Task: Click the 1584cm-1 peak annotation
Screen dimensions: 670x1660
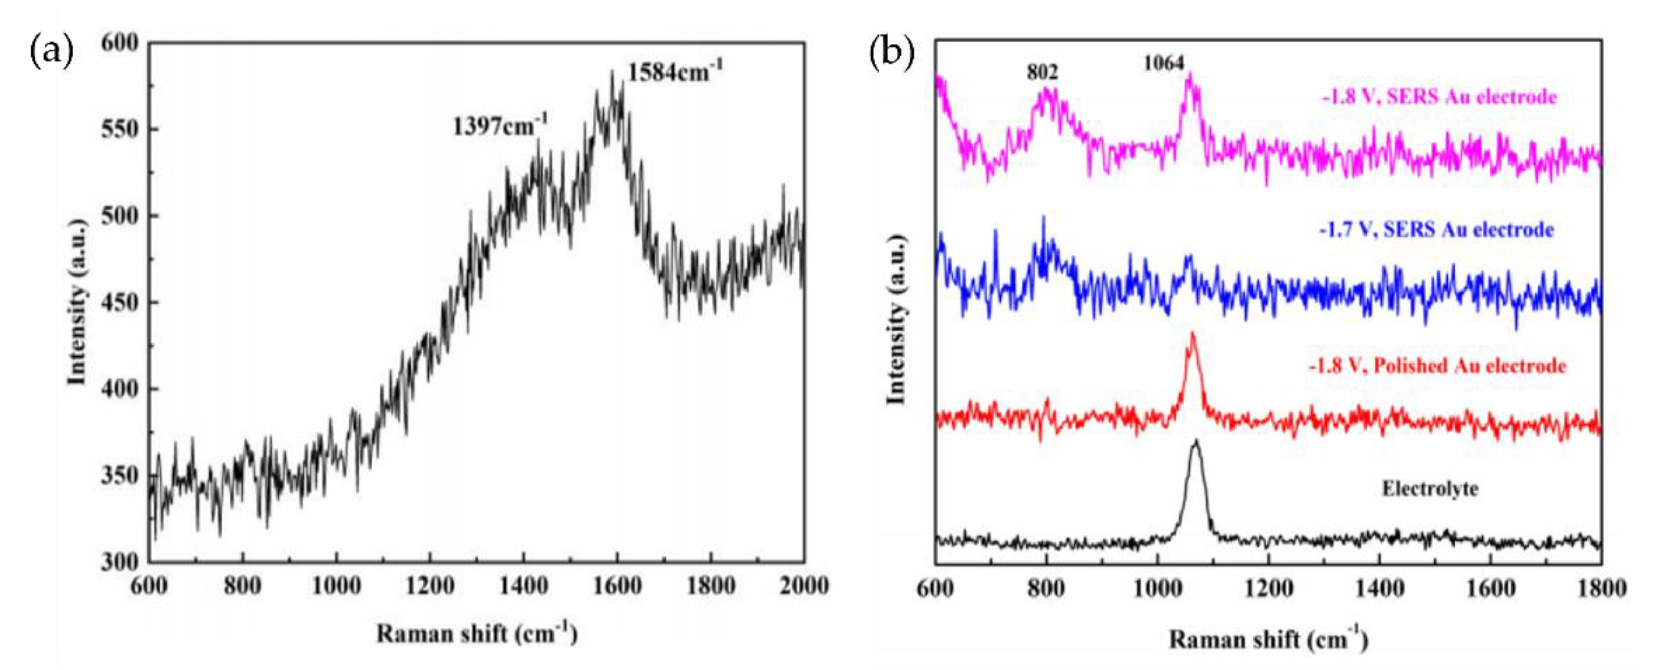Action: pos(675,72)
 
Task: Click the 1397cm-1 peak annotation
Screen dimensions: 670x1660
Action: pos(500,126)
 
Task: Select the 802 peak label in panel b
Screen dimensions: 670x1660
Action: pos(1042,72)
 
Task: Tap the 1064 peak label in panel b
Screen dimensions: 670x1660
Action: pos(1164,63)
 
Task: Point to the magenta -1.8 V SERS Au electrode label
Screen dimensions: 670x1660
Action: pos(1439,97)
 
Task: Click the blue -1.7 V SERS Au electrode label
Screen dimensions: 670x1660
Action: pos(1436,229)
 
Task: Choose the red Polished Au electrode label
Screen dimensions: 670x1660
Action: pos(1437,366)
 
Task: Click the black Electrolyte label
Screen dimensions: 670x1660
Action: pos(1429,489)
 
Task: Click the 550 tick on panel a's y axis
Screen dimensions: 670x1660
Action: pos(120,130)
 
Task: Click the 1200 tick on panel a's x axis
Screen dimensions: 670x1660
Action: pos(429,586)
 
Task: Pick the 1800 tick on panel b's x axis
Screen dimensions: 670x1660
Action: pos(1601,589)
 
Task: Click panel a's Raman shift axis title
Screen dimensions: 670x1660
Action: pos(476,633)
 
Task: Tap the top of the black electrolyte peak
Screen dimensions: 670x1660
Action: pos(1196,441)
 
